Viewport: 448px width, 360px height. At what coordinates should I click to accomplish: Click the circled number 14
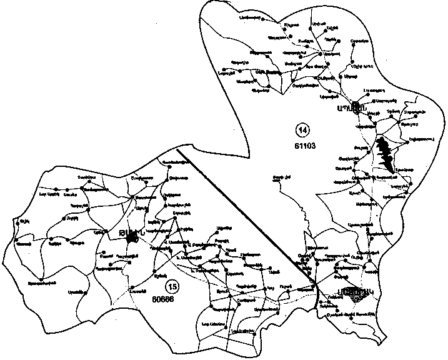tap(303, 131)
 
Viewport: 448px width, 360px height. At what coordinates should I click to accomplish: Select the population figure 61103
tap(302, 146)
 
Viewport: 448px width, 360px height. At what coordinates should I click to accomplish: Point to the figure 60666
tap(162, 299)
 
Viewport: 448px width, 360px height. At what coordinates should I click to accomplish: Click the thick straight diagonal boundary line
tap(244, 212)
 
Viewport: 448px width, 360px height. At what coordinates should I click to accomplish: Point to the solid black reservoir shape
tap(386, 154)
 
